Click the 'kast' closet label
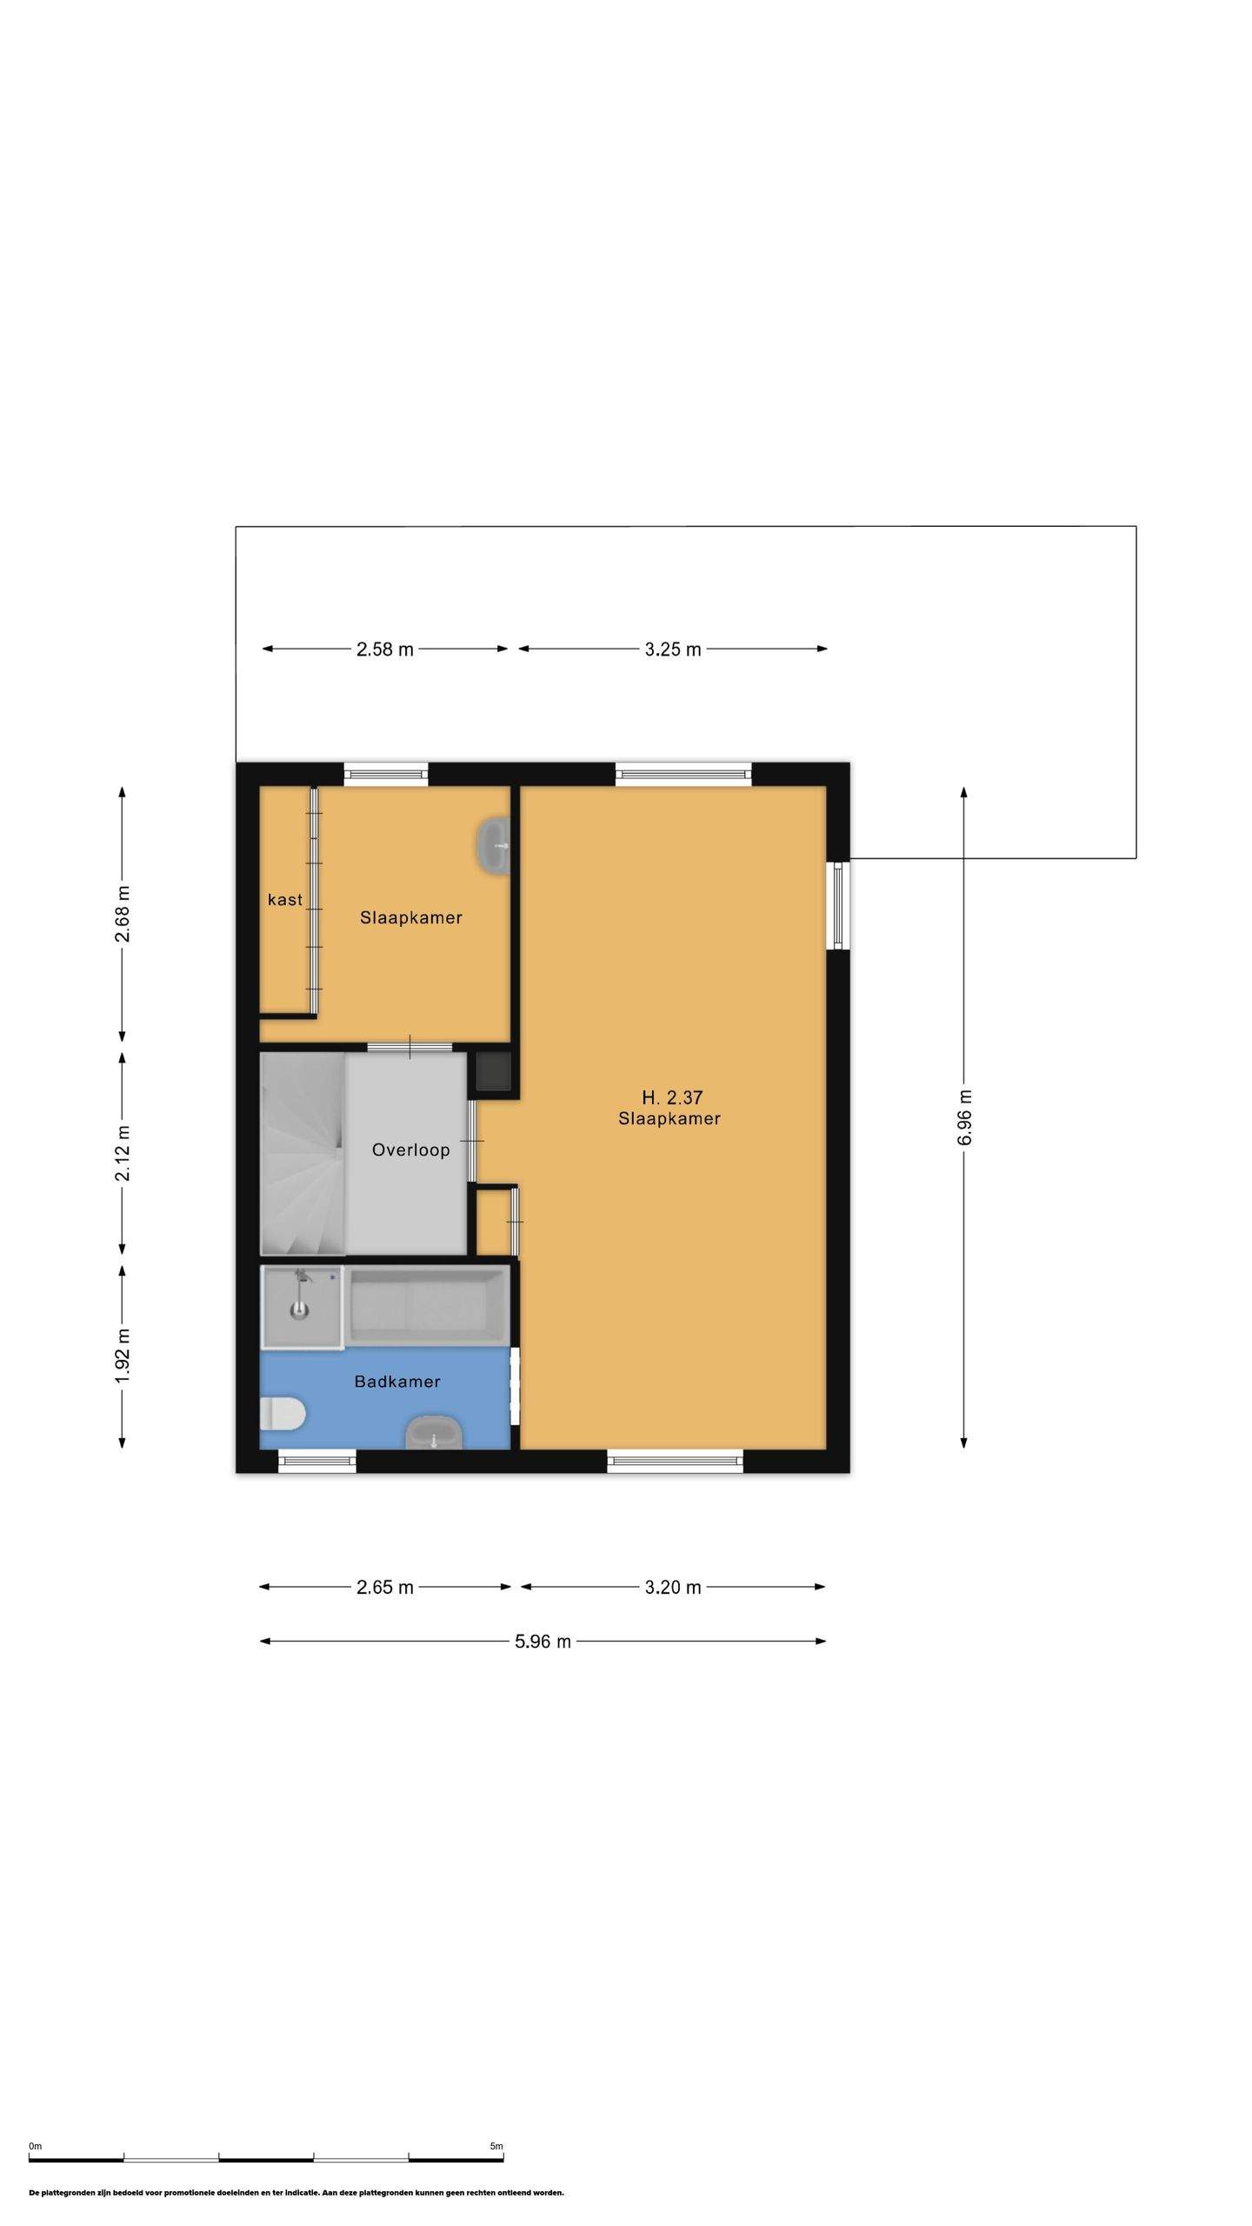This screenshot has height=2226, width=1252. (285, 899)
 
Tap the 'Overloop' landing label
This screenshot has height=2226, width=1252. (410, 1150)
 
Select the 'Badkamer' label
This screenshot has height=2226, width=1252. (397, 1381)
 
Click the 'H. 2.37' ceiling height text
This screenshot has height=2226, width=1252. (672, 1097)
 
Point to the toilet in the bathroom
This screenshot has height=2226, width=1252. (283, 1412)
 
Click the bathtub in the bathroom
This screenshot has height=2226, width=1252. (427, 1305)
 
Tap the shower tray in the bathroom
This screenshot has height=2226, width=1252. (303, 1307)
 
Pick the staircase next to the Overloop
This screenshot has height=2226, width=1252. (303, 1154)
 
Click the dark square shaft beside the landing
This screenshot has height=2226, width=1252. (493, 1072)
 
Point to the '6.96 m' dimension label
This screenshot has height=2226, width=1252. (964, 1117)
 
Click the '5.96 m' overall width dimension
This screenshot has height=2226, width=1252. (543, 1641)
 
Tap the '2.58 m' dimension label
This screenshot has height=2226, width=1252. (385, 649)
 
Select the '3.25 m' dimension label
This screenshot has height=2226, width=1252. (673, 649)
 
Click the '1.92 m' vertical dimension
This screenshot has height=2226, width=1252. (123, 1356)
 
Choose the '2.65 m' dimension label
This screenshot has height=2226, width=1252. (385, 1587)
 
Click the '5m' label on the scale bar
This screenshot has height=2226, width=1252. (496, 2145)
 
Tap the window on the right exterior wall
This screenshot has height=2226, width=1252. (838, 904)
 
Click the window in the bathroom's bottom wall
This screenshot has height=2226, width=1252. (317, 1462)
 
